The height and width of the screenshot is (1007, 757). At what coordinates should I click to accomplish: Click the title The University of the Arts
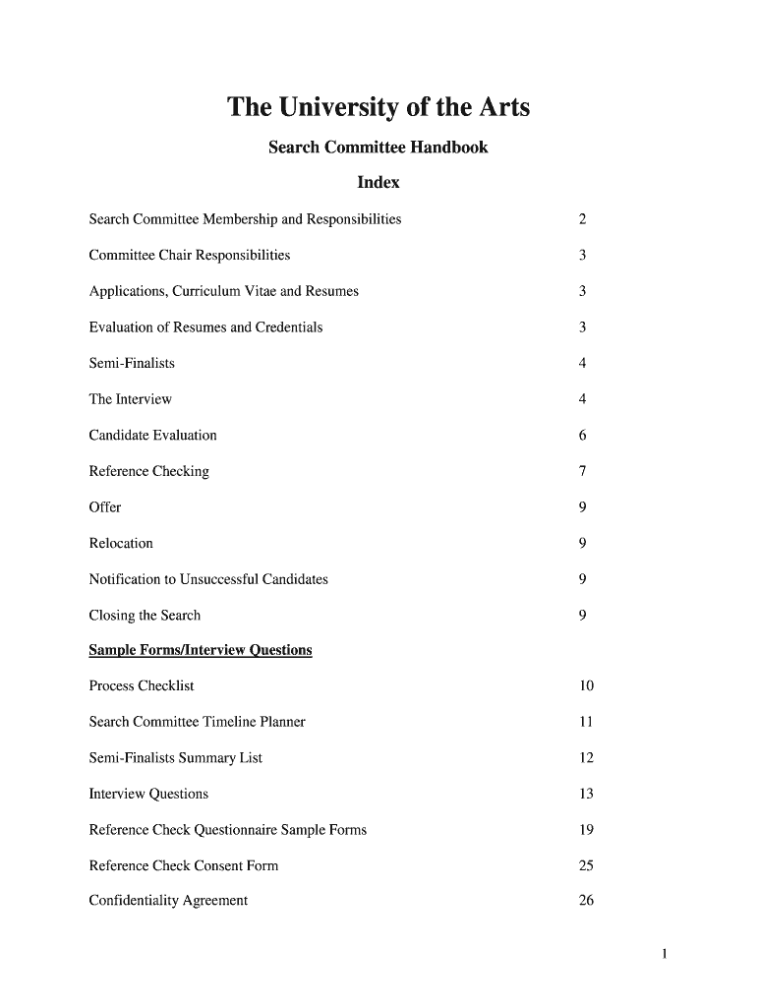378,107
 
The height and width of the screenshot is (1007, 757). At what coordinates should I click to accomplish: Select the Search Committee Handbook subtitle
378,148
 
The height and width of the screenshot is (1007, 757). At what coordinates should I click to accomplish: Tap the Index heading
378,183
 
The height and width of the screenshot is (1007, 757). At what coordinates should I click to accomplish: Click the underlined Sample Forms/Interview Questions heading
201,650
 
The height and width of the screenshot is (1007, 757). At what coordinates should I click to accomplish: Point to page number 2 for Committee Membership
583,219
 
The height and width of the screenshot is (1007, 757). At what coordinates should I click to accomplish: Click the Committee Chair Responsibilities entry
190,256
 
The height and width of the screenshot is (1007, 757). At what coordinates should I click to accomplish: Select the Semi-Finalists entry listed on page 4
132,364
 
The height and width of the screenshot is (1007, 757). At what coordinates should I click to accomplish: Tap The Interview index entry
131,399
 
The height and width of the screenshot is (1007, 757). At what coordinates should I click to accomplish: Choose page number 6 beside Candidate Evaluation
583,436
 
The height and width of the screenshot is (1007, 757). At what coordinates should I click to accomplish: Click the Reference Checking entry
149,472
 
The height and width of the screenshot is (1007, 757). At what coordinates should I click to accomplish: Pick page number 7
583,472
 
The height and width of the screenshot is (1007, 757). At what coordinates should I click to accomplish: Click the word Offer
105,507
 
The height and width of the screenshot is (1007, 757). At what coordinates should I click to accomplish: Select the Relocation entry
121,544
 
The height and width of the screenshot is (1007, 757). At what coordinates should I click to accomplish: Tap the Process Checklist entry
142,685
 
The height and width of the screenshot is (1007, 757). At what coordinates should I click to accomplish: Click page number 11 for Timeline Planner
586,722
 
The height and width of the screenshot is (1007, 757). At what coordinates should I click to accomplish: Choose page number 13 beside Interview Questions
586,794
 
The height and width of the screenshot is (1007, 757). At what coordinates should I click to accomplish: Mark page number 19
586,830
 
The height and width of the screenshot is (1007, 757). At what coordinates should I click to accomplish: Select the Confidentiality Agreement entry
168,901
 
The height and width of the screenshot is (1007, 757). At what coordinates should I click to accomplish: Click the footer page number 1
666,953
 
